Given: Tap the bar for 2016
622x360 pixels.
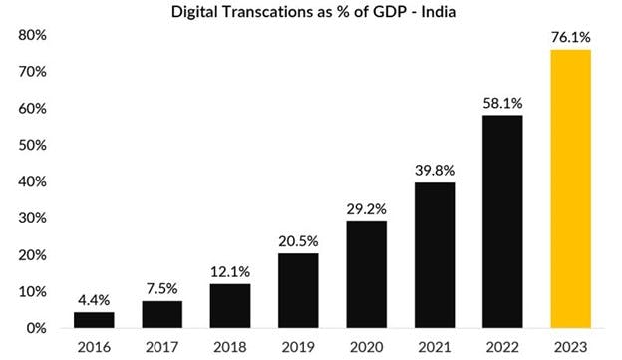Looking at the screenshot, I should point(94,319).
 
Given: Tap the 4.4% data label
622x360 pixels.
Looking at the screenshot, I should point(94,299).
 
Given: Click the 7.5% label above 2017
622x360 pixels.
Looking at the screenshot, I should point(160,288).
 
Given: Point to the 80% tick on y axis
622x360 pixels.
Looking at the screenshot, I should point(33,36).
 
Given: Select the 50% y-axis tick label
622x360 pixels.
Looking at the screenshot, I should point(33,146).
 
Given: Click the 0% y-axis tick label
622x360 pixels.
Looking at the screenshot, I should point(37,328).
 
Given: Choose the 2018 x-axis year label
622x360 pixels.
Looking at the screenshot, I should point(228,346).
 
